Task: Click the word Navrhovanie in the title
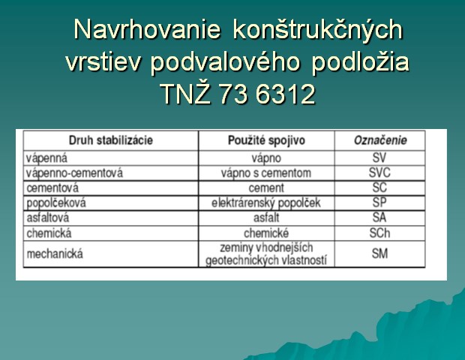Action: tap(147, 30)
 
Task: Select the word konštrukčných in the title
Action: tap(317, 30)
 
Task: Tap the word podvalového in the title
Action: tap(225, 63)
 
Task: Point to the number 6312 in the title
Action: tap(285, 94)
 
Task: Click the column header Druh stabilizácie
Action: tap(110, 140)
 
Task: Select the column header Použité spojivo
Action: tap(266, 140)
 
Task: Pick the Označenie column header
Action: tap(380, 140)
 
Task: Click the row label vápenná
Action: tap(46, 158)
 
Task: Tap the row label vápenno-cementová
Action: tap(74, 173)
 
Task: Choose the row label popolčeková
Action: tap(56, 203)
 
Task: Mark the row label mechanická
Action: tap(55, 254)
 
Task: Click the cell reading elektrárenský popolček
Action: tap(266, 203)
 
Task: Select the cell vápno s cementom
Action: tap(266, 173)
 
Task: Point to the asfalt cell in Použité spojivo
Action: tap(266, 218)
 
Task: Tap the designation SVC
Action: tap(379, 173)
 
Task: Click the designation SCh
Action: tap(379, 233)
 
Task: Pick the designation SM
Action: tap(379, 253)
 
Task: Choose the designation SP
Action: tap(379, 202)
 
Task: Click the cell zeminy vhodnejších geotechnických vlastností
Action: tap(266, 254)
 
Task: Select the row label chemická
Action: tap(49, 233)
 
